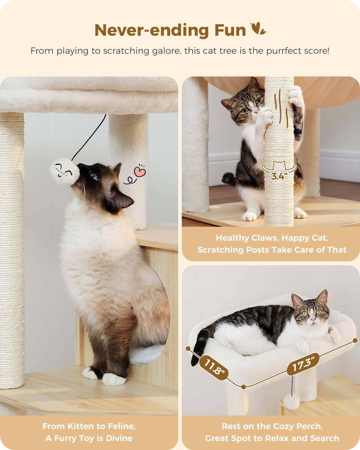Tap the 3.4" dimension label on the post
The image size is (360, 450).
point(277,176)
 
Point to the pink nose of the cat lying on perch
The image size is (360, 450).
point(313,320)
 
